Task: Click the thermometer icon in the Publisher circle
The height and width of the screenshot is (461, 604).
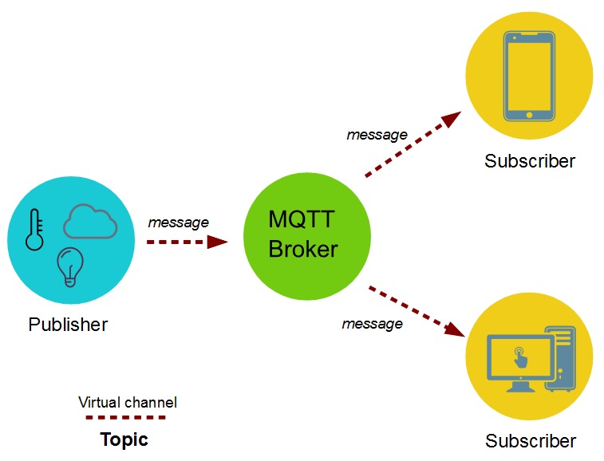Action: click(34, 230)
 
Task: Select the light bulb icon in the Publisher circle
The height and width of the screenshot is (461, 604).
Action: click(70, 266)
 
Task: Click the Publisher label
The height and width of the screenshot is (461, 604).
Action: click(68, 325)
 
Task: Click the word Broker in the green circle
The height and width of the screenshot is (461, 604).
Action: click(303, 249)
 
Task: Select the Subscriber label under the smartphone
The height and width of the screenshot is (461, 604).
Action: click(530, 161)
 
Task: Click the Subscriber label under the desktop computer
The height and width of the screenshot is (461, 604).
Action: click(531, 441)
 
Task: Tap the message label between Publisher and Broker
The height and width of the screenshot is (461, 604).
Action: click(178, 223)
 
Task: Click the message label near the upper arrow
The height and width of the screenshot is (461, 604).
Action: click(377, 135)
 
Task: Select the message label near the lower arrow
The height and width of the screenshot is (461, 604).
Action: click(372, 324)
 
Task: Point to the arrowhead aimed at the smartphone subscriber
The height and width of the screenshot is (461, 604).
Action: click(452, 120)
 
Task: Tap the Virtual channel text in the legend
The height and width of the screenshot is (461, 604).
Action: click(128, 402)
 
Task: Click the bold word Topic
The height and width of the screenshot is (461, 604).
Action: click(124, 439)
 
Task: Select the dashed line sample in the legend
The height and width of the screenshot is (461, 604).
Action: click(126, 417)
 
